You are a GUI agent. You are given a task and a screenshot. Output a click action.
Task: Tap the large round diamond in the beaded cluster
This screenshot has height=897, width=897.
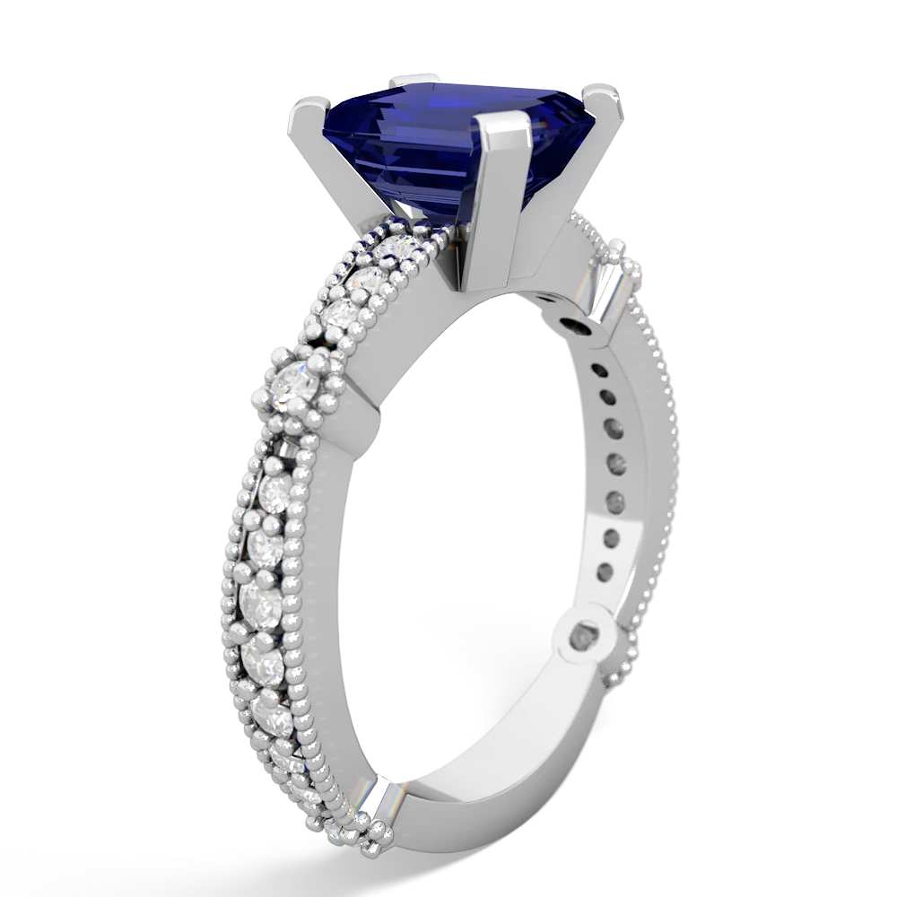click(x=296, y=387)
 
